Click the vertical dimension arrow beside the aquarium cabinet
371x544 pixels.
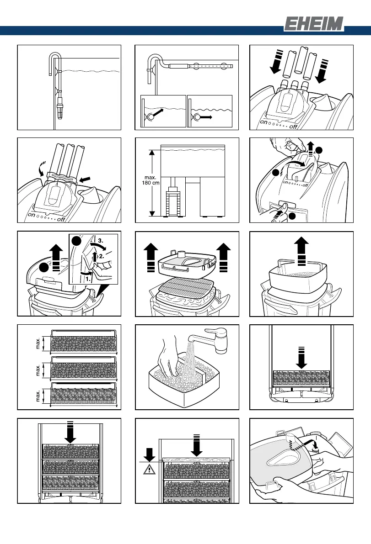click(152, 182)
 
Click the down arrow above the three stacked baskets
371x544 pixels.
click(70, 432)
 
